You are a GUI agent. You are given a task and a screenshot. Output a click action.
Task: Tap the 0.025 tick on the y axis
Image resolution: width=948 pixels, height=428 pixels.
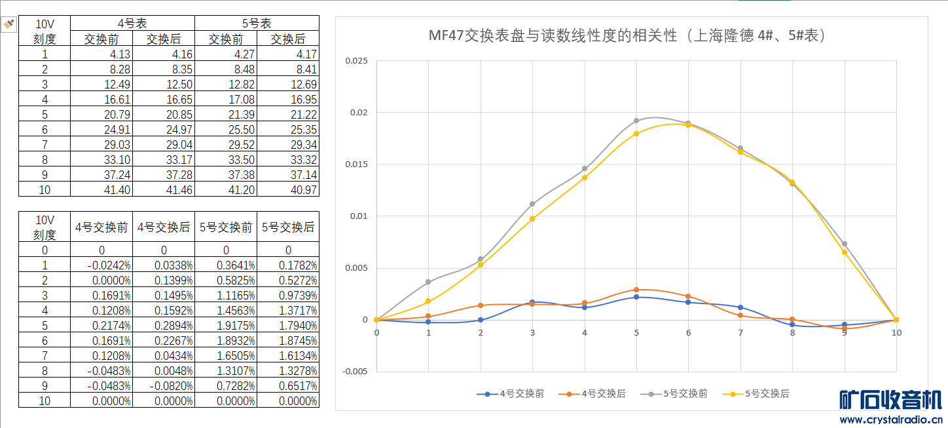pos(357,61)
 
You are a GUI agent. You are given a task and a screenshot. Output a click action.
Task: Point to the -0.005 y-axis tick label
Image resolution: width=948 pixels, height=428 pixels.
pos(355,371)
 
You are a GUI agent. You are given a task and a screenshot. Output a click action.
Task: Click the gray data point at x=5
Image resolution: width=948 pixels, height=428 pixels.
pos(636,121)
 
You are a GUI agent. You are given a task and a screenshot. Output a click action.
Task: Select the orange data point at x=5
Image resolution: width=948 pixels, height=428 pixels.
pos(636,290)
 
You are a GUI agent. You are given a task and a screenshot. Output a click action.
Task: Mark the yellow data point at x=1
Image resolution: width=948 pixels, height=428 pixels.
pos(428,301)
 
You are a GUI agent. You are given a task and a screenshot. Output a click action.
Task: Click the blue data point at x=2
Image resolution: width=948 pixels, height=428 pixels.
pos(481,320)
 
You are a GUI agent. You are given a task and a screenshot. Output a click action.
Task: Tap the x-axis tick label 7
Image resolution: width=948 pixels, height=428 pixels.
pos(740,333)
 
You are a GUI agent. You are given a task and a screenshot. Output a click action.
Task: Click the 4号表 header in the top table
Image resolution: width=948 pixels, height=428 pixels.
pos(132,24)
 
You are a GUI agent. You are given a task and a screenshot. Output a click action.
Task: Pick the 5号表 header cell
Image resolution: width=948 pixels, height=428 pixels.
pos(257,24)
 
